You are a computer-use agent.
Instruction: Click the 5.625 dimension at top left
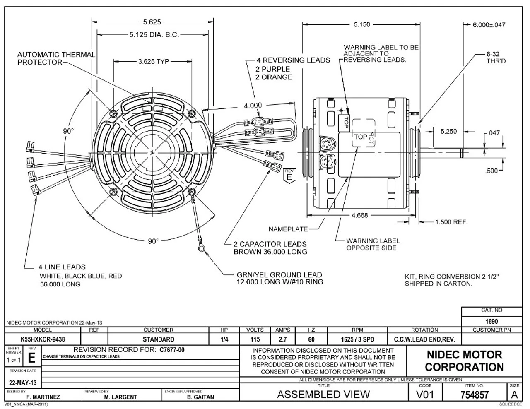pyautogui.click(x=152, y=22)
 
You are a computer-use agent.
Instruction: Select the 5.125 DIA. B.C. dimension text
pyautogui.click(x=154, y=35)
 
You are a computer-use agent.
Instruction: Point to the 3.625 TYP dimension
pyautogui.click(x=153, y=62)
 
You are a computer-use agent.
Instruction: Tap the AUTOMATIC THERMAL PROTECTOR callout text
pyautogui.click(x=56, y=58)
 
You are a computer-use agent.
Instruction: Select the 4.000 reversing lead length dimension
pyautogui.click(x=253, y=106)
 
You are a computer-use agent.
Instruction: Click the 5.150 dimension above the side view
pyautogui.click(x=361, y=25)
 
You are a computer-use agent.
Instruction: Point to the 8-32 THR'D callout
pyautogui.click(x=496, y=58)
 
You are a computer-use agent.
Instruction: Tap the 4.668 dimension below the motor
pyautogui.click(x=359, y=215)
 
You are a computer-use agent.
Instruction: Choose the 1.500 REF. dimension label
pyautogui.click(x=451, y=222)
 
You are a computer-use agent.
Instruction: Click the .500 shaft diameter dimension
pyautogui.click(x=491, y=171)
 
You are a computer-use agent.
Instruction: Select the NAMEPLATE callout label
pyautogui.click(x=288, y=229)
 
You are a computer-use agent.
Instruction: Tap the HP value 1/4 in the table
pyautogui.click(x=224, y=339)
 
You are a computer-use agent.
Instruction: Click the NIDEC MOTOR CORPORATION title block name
pyautogui.click(x=464, y=361)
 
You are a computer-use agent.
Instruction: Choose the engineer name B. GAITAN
pyautogui.click(x=200, y=397)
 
